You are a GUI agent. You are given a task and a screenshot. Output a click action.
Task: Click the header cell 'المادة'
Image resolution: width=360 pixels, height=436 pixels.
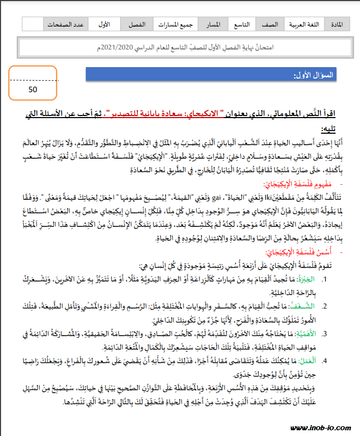tap(337, 24)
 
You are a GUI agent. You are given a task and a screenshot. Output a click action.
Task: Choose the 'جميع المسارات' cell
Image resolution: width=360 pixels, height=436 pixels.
tap(176, 24)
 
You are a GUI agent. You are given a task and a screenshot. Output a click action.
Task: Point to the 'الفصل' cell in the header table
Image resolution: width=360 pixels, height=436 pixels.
tap(137, 24)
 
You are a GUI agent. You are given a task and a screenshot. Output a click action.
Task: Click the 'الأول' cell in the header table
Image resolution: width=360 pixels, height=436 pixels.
tap(104, 24)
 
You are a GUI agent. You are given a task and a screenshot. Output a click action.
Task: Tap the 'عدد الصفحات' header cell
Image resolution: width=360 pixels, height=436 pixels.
tap(66, 24)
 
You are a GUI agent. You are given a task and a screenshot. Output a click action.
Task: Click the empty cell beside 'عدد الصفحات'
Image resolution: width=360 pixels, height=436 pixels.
tap(32, 24)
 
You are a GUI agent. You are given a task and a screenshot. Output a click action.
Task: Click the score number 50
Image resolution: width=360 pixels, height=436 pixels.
tap(32, 89)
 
